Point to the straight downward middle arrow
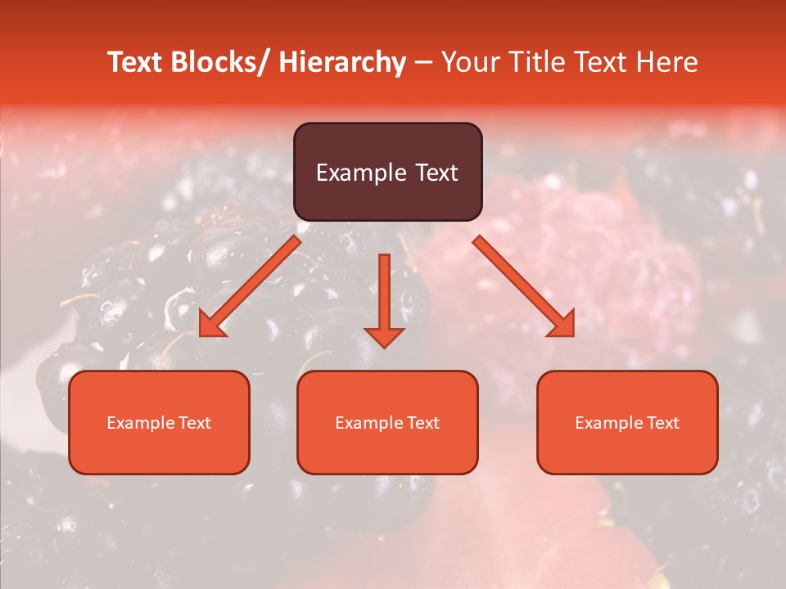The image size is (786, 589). point(384,294)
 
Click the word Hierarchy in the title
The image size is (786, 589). point(342,62)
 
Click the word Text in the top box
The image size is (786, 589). point(436,173)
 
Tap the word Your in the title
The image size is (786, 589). point(467,62)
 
